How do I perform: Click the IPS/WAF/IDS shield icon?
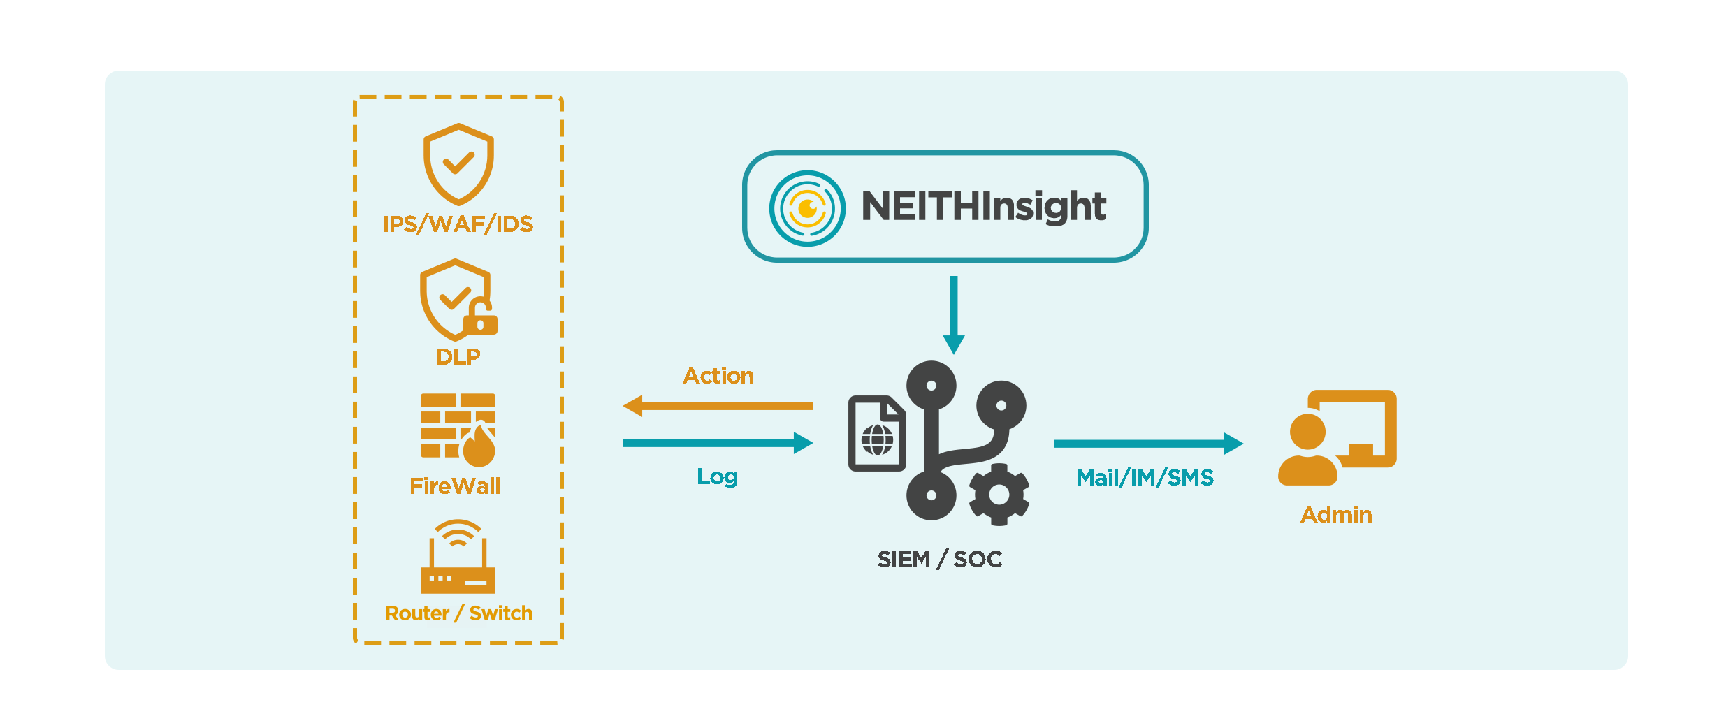[458, 165]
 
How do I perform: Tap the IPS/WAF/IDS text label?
[458, 224]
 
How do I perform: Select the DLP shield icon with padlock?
[458, 300]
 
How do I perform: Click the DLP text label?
[458, 357]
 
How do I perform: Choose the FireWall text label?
[455, 486]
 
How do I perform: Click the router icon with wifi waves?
[458, 557]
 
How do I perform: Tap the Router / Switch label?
[458, 613]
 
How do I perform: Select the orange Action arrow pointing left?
[718, 406]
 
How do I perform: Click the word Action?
[718, 376]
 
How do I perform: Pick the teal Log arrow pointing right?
[718, 443]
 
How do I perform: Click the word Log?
[718, 477]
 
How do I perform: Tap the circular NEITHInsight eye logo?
[807, 208]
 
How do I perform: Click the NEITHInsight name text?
[984, 207]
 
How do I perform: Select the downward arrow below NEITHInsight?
[954, 315]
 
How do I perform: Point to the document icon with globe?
[877, 433]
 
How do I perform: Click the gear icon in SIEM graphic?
[999, 495]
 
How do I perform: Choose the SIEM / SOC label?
[940, 560]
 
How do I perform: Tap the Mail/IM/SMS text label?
[1145, 478]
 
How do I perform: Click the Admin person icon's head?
[1307, 432]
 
